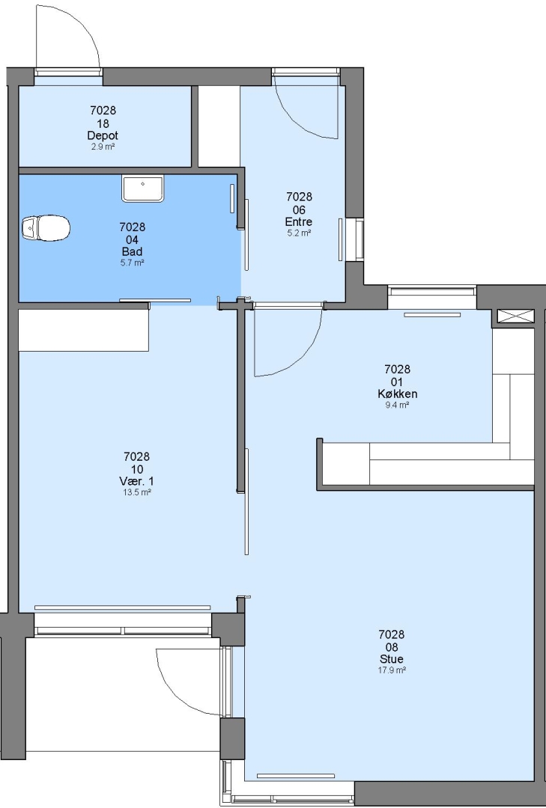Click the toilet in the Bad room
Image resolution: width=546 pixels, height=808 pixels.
point(46,227)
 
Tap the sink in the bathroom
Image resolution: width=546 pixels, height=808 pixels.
point(143,188)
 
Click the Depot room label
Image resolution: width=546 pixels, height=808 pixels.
point(103,135)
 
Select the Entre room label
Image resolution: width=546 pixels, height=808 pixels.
point(299,222)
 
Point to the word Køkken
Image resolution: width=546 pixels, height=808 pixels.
point(398,394)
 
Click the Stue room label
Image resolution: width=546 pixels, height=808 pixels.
point(392,659)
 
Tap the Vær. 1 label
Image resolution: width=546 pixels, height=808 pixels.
point(136,481)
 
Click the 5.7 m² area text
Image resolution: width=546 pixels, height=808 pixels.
point(132,263)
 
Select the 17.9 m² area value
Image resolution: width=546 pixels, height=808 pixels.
point(392,670)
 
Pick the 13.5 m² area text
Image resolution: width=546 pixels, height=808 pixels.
point(137,492)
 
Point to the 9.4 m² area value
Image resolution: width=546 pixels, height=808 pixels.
point(398,405)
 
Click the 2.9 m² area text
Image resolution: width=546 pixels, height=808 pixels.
point(103,147)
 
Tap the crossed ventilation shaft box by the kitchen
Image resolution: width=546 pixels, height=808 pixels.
point(515,316)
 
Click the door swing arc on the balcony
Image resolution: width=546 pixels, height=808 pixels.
point(175,691)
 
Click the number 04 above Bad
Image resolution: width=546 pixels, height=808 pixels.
point(132,240)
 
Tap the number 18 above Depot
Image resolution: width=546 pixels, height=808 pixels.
point(103,123)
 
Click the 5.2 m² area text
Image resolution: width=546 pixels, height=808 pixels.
point(299,233)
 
